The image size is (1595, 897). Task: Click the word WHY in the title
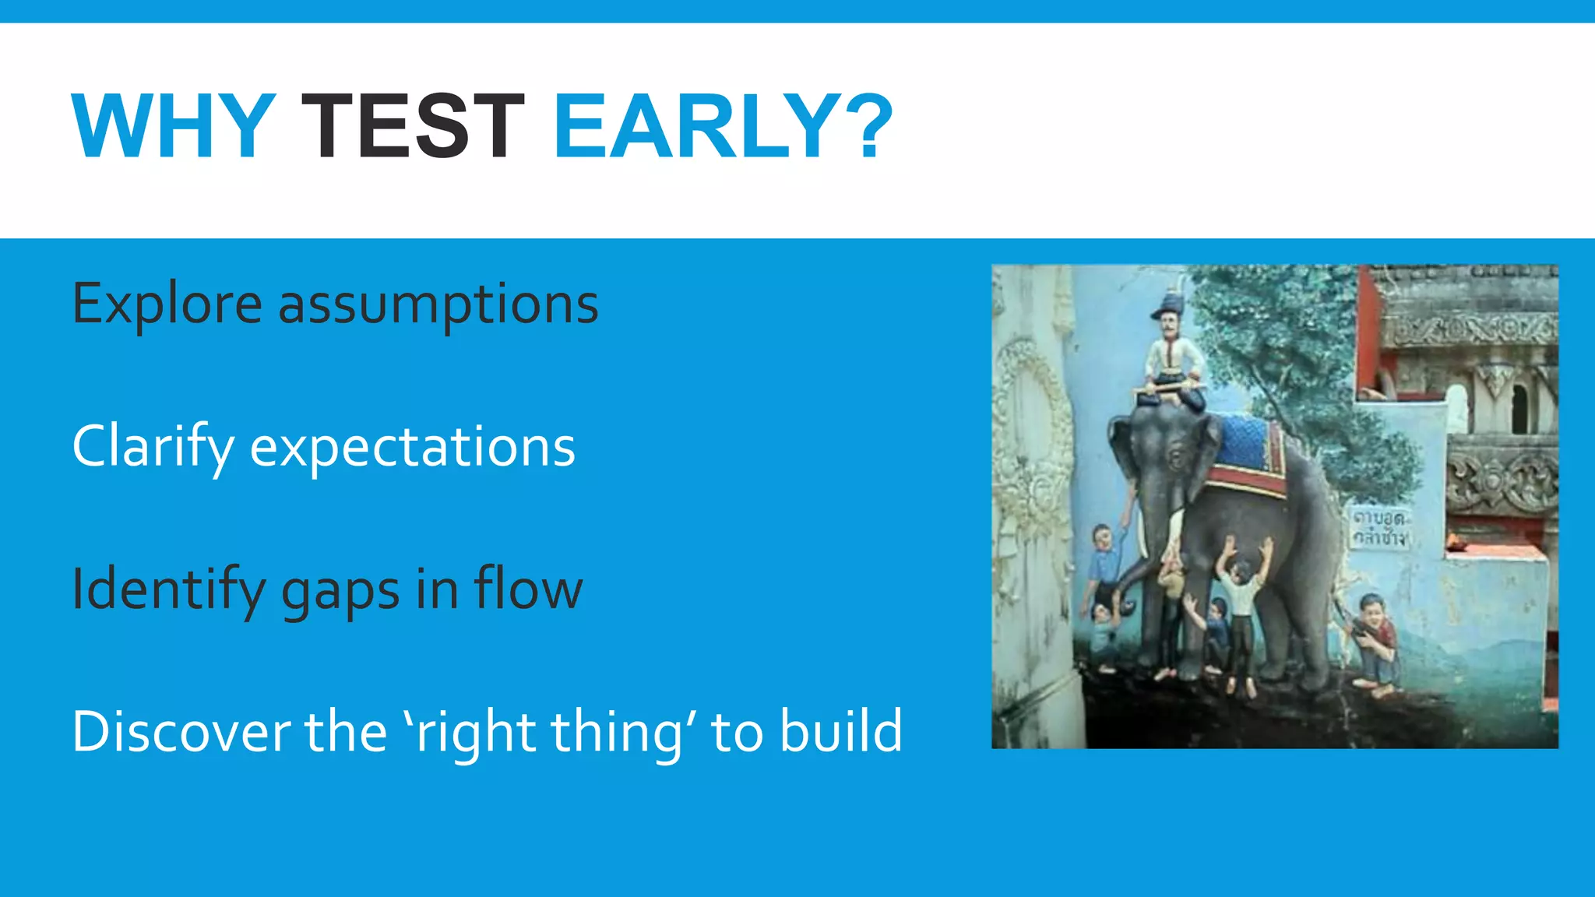(x=173, y=126)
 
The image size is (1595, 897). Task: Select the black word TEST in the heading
(x=413, y=126)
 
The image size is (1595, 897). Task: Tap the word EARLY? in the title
(x=723, y=126)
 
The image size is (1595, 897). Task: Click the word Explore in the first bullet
(x=167, y=304)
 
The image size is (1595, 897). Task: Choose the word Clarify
(x=153, y=447)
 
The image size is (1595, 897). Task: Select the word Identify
(x=168, y=590)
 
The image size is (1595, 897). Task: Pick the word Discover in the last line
(x=180, y=732)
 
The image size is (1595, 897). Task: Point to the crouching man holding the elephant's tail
(x=1377, y=642)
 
